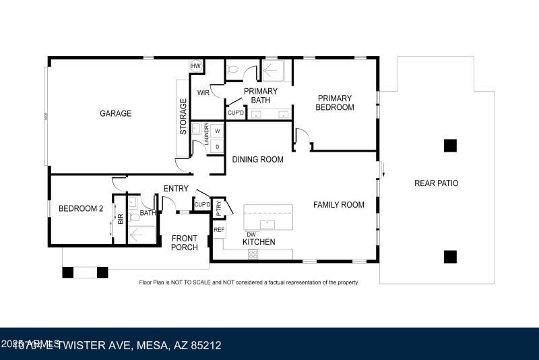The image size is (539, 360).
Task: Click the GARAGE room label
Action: pos(115,113)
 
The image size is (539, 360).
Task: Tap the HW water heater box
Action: pos(196,65)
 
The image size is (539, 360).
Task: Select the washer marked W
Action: pos(218,131)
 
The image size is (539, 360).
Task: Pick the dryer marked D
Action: pos(218,146)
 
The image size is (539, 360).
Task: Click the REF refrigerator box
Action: pos(218,230)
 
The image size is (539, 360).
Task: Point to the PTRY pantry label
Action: pos(219,209)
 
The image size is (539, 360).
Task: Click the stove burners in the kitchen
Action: pos(253,254)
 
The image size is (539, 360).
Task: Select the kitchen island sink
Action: pos(267,222)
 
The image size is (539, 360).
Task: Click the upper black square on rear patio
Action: pos(449,145)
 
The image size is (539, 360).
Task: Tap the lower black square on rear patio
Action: pos(449,256)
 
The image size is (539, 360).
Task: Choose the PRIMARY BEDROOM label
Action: pos(336,102)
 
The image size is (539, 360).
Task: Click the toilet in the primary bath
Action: pos(232,67)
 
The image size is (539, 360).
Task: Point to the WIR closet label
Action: pos(203,92)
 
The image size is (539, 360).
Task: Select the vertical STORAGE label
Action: pos(183,117)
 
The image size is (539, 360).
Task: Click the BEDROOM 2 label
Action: pos(80,209)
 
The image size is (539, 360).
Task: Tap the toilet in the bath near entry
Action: pos(133,216)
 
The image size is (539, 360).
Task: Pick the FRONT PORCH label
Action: pos(185,243)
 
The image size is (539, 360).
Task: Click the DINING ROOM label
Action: pos(257,160)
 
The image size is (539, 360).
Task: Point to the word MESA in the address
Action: pos(156,345)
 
